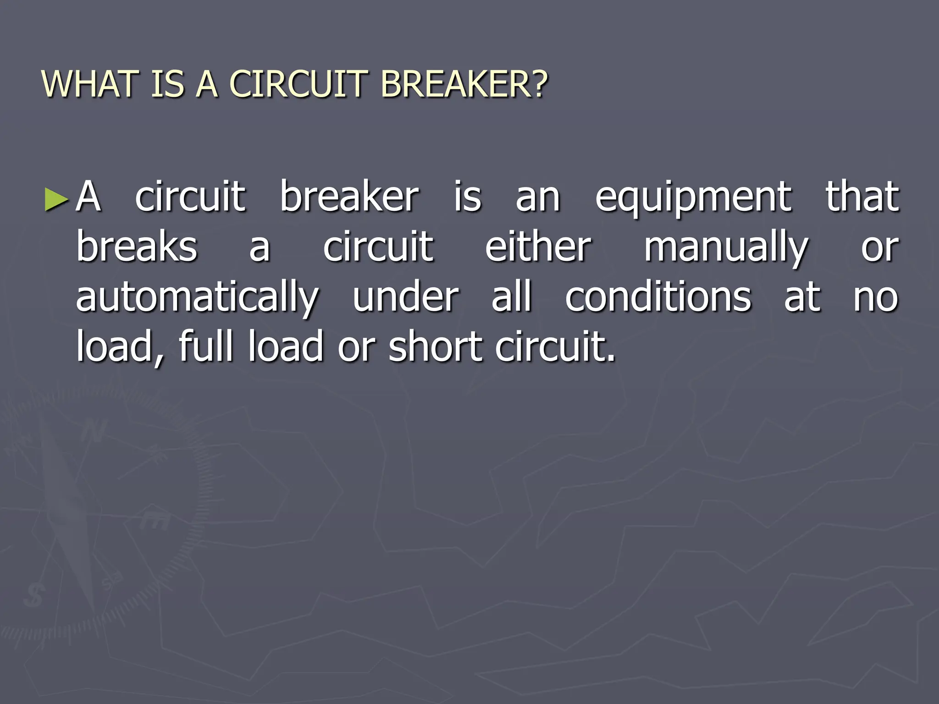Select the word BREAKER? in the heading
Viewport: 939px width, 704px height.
(x=464, y=84)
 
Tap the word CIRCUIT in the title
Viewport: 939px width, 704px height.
(x=298, y=84)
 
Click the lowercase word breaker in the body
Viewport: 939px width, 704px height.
(x=349, y=197)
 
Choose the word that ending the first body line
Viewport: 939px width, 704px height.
(x=862, y=197)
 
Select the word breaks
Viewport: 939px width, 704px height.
(x=137, y=247)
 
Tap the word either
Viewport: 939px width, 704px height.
(x=538, y=247)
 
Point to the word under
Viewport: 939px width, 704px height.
(x=405, y=297)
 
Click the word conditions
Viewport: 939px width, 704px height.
(x=658, y=297)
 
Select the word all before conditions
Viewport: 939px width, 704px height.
(x=512, y=297)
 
